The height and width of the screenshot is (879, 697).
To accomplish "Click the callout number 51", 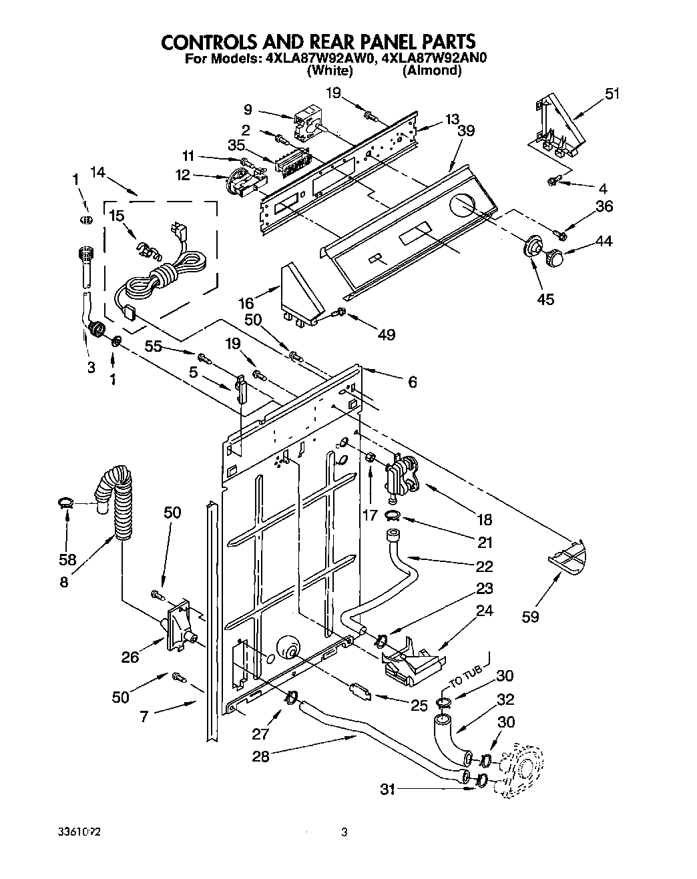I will click(611, 94).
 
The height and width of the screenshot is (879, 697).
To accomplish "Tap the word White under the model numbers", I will click(328, 70).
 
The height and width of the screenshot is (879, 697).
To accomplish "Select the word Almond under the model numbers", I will click(431, 70).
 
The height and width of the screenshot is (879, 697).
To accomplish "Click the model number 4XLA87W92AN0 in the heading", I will click(435, 58).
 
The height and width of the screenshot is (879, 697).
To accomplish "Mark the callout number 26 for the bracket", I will click(130, 657).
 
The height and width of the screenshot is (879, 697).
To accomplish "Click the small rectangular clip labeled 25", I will click(361, 691).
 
